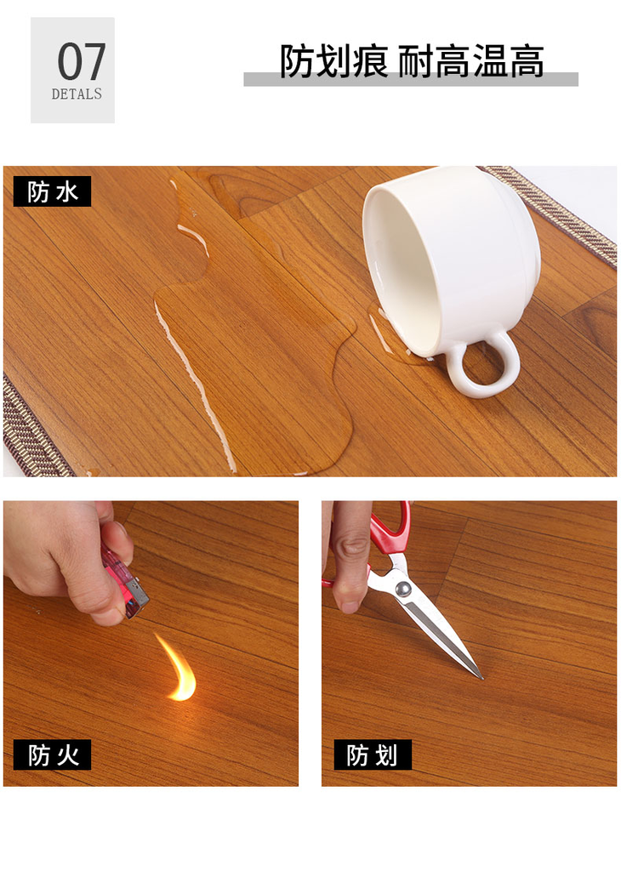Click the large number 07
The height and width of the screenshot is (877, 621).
tap(81, 61)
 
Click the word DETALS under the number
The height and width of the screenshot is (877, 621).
tap(77, 94)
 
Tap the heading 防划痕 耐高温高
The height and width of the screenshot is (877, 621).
tap(412, 61)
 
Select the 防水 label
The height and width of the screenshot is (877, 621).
tap(52, 192)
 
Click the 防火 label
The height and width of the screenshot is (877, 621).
tap(53, 755)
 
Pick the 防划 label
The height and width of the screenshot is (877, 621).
tap(373, 755)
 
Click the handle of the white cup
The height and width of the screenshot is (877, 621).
tap(484, 367)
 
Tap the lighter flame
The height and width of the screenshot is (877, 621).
tap(179, 669)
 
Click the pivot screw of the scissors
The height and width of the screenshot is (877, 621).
tap(403, 588)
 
